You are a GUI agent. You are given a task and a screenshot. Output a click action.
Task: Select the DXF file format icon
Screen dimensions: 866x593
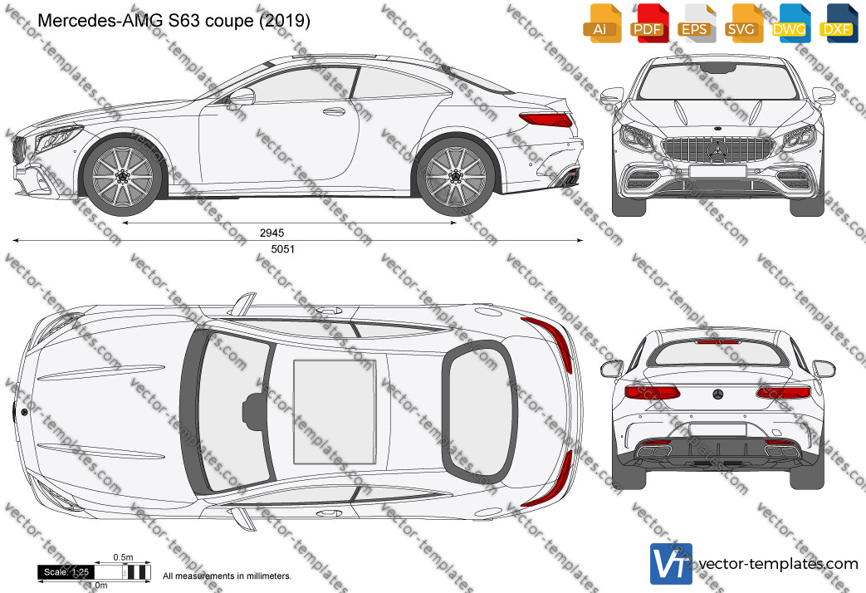[839, 23]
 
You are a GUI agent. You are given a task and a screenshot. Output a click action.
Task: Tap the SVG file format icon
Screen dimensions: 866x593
[744, 23]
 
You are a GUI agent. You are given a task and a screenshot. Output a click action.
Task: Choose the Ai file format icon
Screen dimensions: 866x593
[602, 23]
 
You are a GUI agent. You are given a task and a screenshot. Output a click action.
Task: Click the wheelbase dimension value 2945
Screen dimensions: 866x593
[272, 233]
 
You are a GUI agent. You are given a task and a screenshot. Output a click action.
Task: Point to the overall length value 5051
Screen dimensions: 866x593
[283, 249]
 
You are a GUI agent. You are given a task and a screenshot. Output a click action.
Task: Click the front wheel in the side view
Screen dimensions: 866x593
[123, 175]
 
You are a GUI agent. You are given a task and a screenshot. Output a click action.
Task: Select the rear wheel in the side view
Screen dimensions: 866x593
[456, 175]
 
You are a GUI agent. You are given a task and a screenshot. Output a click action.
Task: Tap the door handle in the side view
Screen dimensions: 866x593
[334, 111]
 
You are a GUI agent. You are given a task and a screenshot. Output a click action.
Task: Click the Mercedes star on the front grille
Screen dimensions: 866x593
[718, 150]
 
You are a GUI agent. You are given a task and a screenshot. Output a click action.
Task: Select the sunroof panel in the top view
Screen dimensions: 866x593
[335, 412]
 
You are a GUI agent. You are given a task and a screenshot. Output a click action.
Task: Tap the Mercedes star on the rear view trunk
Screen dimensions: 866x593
[718, 394]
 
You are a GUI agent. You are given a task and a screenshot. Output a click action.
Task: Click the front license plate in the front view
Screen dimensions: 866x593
[718, 171]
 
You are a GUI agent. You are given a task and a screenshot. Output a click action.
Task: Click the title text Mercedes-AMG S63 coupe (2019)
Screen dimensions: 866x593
[174, 21]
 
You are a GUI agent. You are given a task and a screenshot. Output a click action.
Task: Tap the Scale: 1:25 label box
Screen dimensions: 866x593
[66, 572]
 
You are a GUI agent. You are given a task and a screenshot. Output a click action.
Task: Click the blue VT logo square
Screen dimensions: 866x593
[671, 564]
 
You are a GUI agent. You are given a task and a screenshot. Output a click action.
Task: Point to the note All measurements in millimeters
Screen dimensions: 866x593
[227, 576]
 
